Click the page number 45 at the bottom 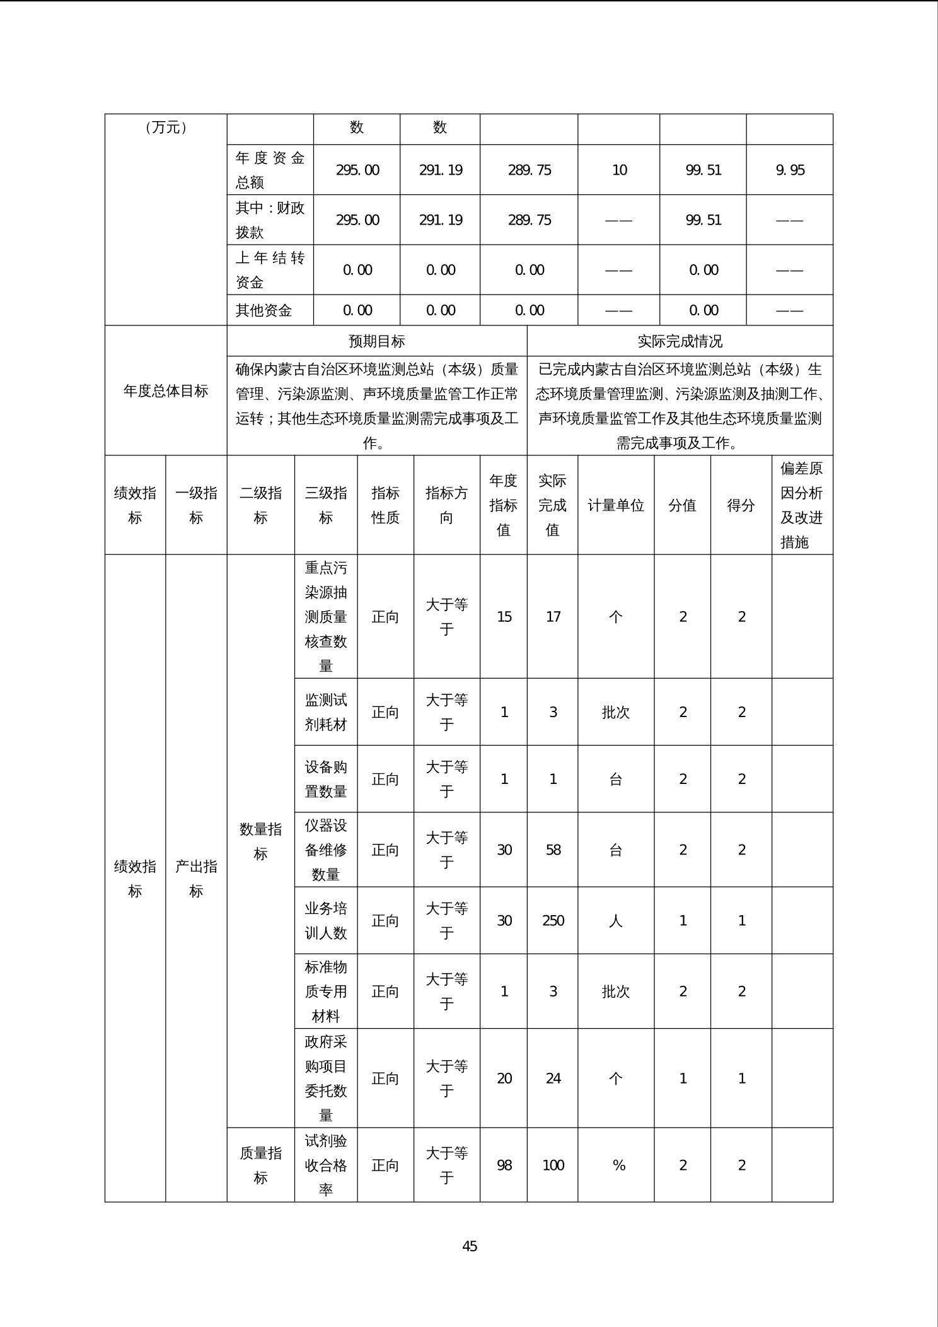point(470,1246)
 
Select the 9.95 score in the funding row point(790,170)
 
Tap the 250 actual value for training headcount point(553,920)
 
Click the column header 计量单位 point(616,505)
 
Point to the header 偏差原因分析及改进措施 point(802,505)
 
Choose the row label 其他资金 point(263,310)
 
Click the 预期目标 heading point(377,341)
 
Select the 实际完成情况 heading point(680,341)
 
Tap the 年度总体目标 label point(166,391)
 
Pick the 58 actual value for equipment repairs point(553,850)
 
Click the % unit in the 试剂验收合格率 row point(618,1165)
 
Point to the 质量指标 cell point(260,1165)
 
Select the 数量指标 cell point(260,841)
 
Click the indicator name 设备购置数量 point(326,779)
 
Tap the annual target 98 point(504,1165)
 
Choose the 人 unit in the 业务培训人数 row point(616,920)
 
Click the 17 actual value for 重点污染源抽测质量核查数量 point(553,616)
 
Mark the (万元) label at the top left point(166,127)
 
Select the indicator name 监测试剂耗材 point(326,712)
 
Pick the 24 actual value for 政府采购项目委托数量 point(553,1078)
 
